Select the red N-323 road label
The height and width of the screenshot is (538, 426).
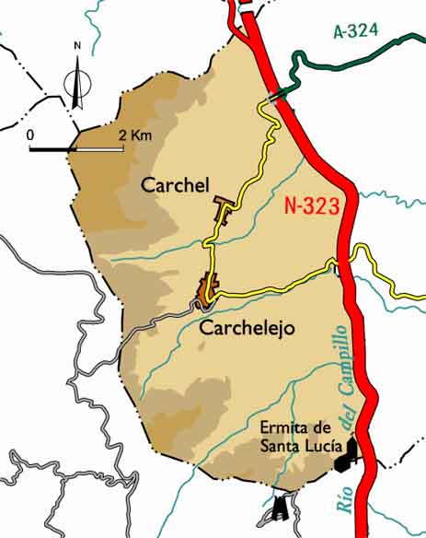(313, 208)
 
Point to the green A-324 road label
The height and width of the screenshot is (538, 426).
(356, 31)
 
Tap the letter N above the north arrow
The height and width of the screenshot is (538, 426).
(77, 45)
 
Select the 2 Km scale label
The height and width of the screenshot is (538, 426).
(134, 136)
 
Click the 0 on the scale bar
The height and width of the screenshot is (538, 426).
(30, 136)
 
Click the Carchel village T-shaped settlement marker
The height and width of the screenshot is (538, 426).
(222, 206)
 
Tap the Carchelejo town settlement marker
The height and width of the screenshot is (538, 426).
(208, 289)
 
